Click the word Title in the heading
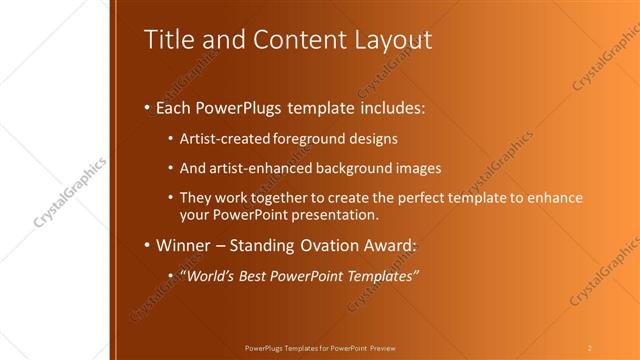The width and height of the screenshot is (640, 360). point(168,40)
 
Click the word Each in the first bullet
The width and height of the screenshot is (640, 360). point(174,105)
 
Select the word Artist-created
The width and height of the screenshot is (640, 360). point(223,139)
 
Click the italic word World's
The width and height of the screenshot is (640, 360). point(210,275)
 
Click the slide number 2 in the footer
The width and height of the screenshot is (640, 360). point(590,347)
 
